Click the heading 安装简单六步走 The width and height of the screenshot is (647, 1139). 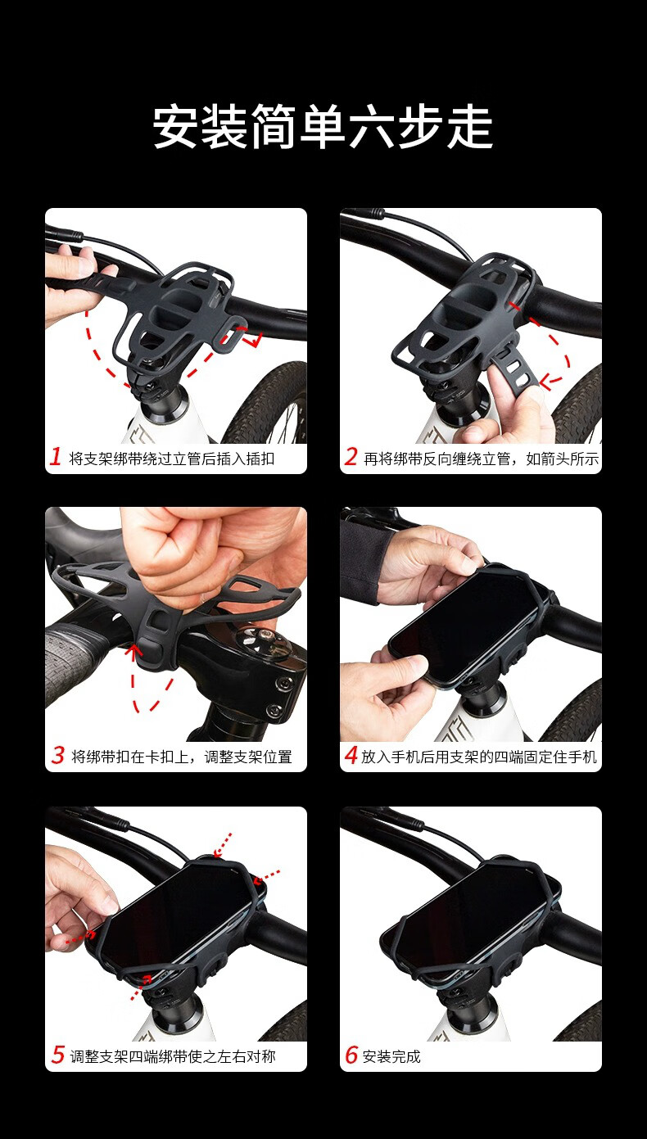(323, 127)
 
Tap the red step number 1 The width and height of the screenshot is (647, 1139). (56, 456)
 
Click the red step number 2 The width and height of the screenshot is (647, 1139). (351, 456)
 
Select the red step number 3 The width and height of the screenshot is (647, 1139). (58, 755)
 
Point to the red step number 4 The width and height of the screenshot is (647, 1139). (351, 755)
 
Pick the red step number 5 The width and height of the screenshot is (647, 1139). (58, 1055)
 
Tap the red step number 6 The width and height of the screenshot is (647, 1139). (351, 1055)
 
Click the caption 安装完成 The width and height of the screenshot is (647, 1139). (391, 1056)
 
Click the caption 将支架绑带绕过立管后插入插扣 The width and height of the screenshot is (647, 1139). (171, 459)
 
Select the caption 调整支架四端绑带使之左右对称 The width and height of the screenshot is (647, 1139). (173, 1056)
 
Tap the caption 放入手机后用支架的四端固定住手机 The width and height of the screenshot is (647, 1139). (478, 757)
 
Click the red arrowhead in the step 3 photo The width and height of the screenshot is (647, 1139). (133, 651)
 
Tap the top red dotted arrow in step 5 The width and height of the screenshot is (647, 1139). (222, 844)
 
